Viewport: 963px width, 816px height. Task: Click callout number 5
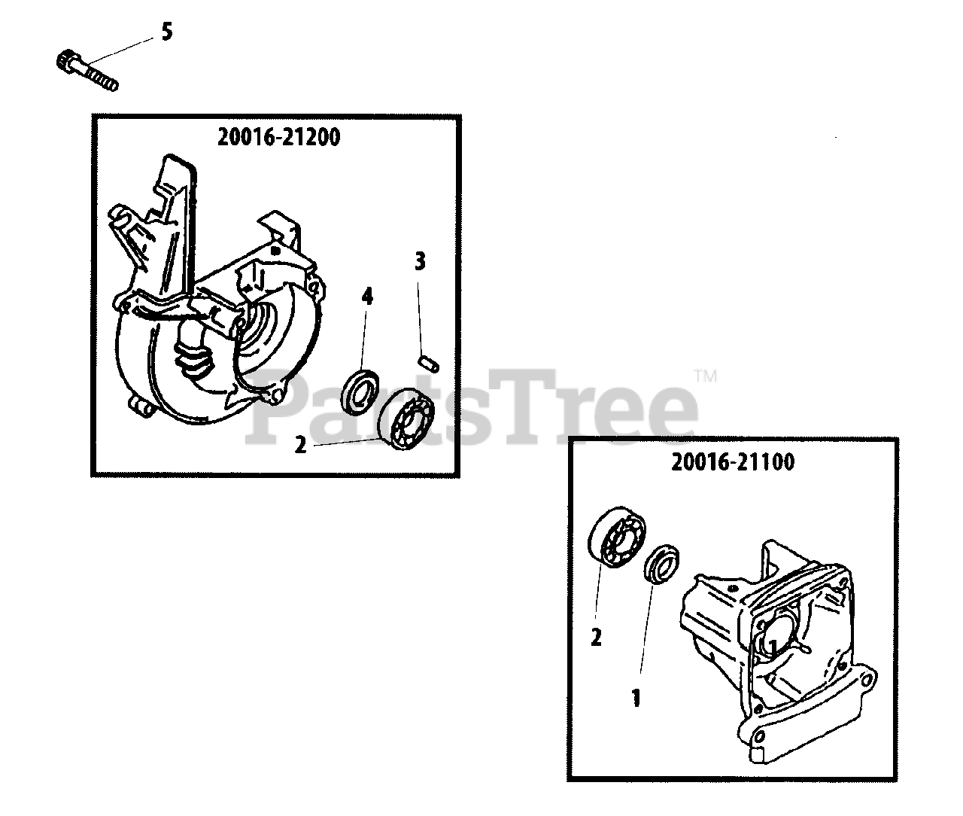[166, 33]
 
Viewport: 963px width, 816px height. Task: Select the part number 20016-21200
[278, 138]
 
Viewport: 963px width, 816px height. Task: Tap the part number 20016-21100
[732, 462]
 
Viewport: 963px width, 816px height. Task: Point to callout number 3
[420, 262]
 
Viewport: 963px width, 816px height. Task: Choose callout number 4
[366, 297]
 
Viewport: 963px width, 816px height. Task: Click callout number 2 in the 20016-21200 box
[301, 446]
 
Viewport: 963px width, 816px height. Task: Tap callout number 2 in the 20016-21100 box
[596, 638]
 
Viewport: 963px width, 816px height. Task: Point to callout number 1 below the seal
[636, 699]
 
